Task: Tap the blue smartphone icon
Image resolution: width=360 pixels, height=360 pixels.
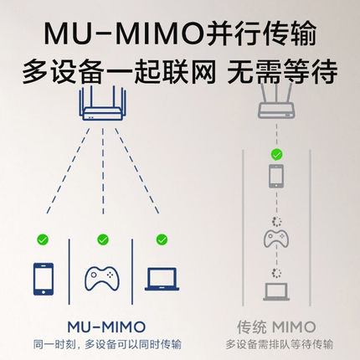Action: click(44, 279)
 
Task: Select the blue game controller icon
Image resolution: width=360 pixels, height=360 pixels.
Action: click(102, 278)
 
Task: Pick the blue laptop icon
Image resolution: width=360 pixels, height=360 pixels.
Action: click(162, 279)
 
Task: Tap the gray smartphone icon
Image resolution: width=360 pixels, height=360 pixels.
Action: click(276, 176)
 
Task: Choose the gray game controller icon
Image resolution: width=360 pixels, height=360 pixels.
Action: click(276, 239)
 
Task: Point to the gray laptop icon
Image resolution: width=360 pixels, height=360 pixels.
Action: click(276, 291)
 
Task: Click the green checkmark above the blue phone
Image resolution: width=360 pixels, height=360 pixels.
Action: click(43, 239)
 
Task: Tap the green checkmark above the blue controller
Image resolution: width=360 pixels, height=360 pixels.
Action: click(103, 239)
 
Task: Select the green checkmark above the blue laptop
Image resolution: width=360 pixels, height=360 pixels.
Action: click(162, 239)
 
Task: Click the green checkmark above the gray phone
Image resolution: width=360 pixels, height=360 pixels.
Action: click(276, 154)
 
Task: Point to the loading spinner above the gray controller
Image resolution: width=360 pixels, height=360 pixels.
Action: click(276, 222)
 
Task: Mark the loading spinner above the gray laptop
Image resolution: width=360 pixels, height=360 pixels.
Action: click(276, 273)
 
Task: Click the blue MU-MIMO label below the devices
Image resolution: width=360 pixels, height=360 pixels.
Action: click(106, 327)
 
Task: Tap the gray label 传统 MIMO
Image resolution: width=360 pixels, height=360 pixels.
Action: click(276, 327)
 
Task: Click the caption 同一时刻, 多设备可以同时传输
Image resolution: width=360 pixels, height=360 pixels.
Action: click(107, 344)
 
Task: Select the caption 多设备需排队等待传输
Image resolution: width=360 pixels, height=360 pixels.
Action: click(280, 344)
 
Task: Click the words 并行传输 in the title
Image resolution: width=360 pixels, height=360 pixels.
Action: click(262, 33)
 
